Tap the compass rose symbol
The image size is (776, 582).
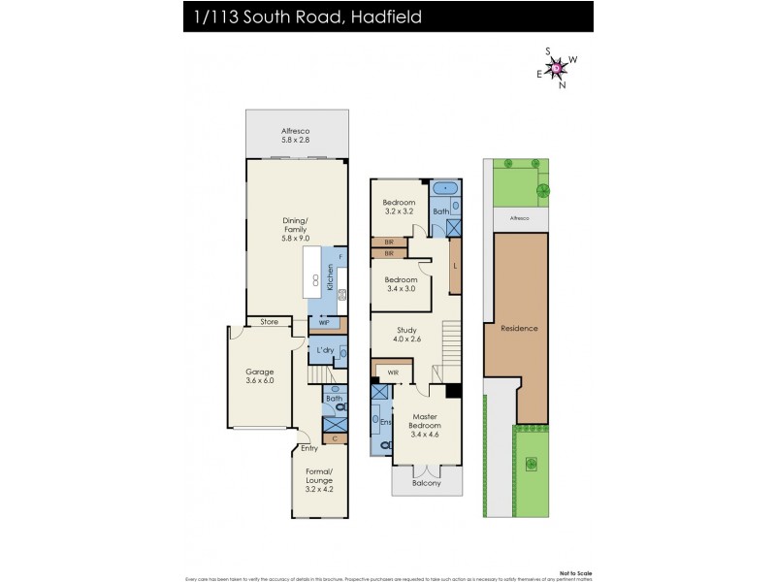coord(557,67)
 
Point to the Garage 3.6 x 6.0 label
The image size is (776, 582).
coord(259,375)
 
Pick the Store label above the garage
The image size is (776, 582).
coord(269,322)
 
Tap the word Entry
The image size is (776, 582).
coord(309,448)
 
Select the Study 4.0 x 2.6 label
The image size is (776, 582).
coord(405,335)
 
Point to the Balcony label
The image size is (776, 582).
coord(426,482)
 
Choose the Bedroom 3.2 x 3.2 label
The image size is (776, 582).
coord(399,207)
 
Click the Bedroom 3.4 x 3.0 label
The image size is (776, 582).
coord(399,283)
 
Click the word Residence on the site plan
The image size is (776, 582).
coord(519,328)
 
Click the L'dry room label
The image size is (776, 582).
coord(324,349)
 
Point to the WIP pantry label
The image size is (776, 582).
coord(324,322)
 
